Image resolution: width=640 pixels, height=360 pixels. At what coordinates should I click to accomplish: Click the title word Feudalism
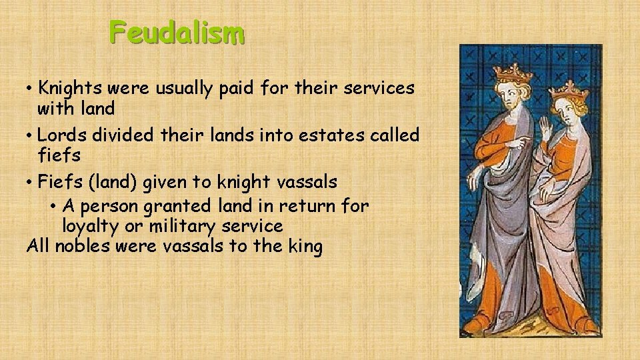tap(177, 33)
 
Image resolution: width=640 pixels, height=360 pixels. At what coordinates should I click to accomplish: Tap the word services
tap(377, 88)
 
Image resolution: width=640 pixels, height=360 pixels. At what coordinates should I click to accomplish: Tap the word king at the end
tap(304, 247)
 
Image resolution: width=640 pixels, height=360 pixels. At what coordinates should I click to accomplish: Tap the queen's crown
tap(569, 89)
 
